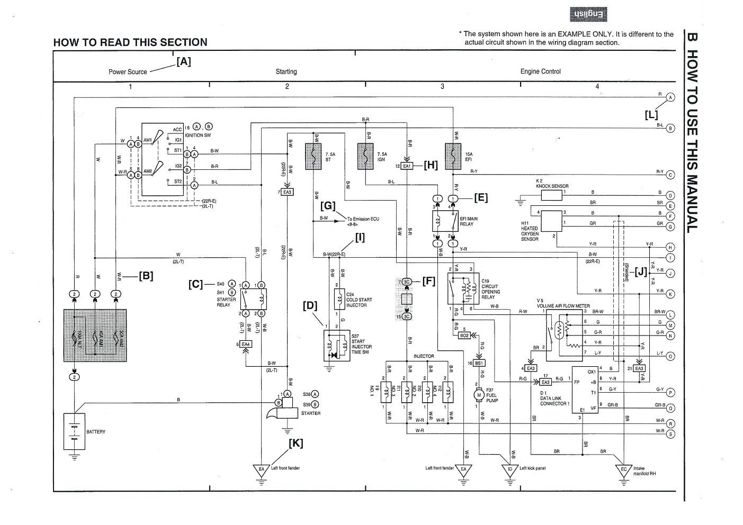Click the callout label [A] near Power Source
pyautogui.click(x=183, y=61)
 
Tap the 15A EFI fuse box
pyautogui.click(x=453, y=156)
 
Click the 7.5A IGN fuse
pyautogui.click(x=366, y=156)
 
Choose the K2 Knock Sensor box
pyautogui.click(x=551, y=195)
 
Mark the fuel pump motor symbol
pyautogui.click(x=479, y=395)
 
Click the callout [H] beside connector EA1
pyautogui.click(x=431, y=165)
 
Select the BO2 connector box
pyautogui.click(x=464, y=335)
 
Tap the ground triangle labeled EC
pyautogui.click(x=624, y=469)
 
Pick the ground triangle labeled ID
pyautogui.click(x=510, y=469)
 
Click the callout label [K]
pyautogui.click(x=296, y=443)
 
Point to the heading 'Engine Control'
pyautogui.click(x=540, y=71)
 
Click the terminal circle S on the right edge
pyautogui.click(x=671, y=435)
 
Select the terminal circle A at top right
pyautogui.click(x=670, y=97)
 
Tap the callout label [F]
pyautogui.click(x=428, y=281)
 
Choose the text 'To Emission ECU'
pyautogui.click(x=363, y=219)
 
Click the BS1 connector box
pyautogui.click(x=479, y=363)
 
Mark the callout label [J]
pyautogui.click(x=641, y=272)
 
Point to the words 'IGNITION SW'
pyautogui.click(x=198, y=135)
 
